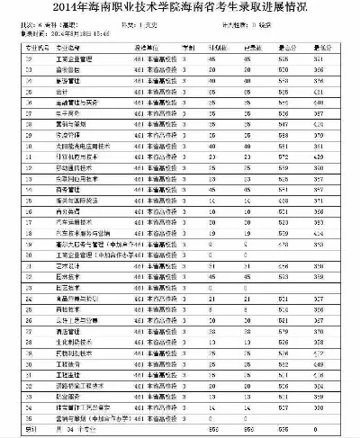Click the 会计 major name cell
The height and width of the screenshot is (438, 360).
pyautogui.click(x=60, y=92)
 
